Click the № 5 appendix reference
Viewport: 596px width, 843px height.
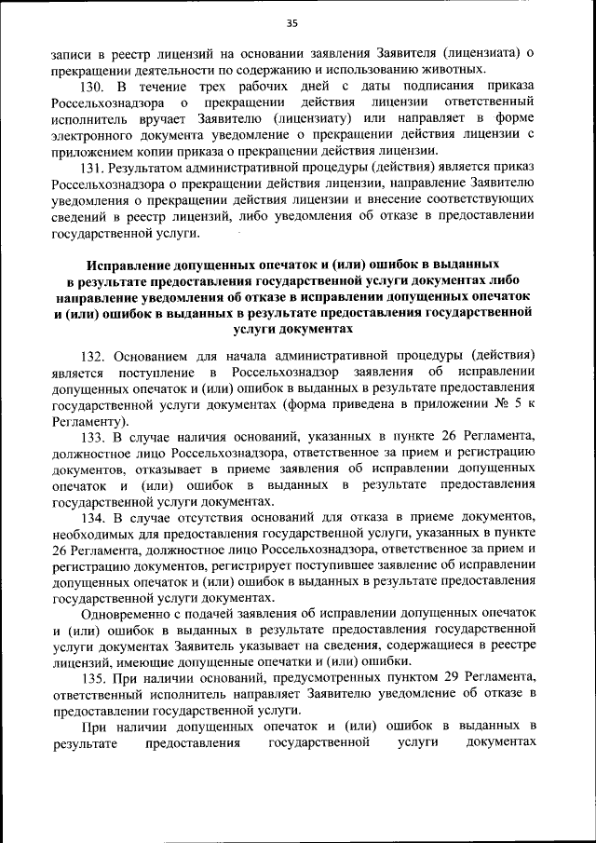pos(508,405)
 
